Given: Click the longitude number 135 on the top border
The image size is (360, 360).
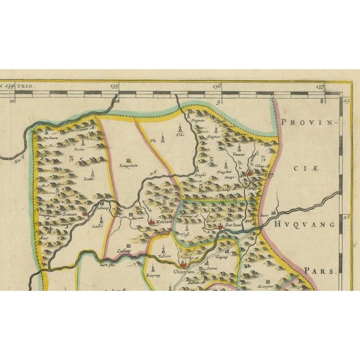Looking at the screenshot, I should pyautogui.click(x=115, y=86).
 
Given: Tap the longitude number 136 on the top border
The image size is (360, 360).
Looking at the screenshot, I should pyautogui.click(x=217, y=86).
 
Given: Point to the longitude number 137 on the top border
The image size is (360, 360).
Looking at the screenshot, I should pyautogui.click(x=320, y=86).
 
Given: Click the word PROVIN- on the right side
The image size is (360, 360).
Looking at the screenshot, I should pyautogui.click(x=307, y=121).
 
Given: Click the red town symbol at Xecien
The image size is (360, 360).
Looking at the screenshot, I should pyautogui.click(x=152, y=222).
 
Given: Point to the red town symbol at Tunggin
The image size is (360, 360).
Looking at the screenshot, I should pyautogui.click(x=250, y=174).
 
